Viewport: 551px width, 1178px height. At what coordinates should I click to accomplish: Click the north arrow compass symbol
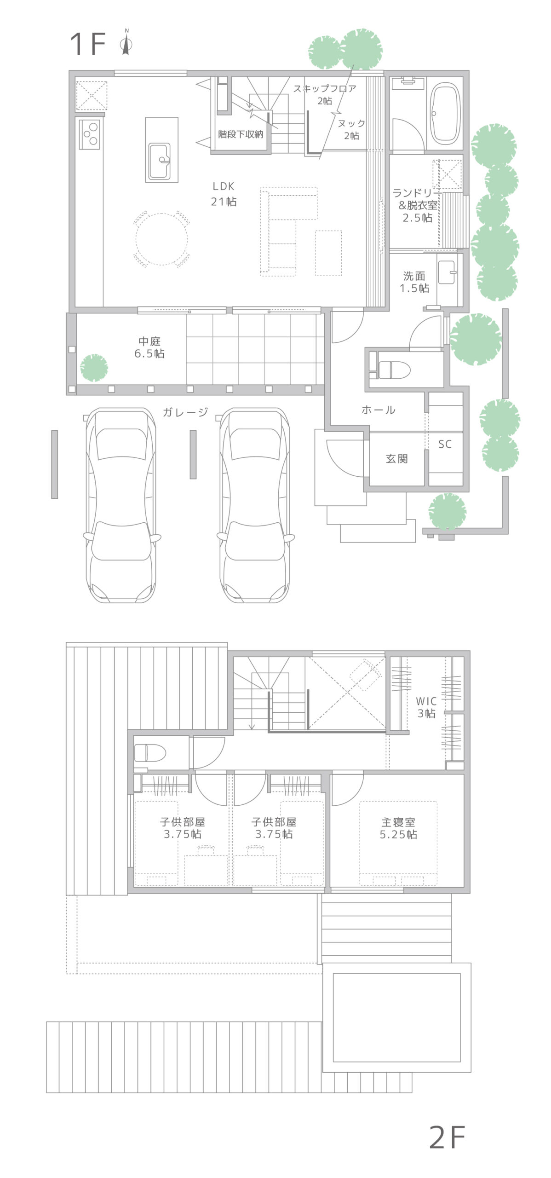[x=126, y=42]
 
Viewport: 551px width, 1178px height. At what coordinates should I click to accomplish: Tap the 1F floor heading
[x=87, y=44]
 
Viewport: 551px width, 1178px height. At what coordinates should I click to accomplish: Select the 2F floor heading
[x=447, y=1137]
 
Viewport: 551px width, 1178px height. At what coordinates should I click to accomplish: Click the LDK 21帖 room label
[x=224, y=194]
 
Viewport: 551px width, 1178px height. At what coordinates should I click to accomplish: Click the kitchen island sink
[x=160, y=161]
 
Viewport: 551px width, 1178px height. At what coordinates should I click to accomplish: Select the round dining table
[x=161, y=239]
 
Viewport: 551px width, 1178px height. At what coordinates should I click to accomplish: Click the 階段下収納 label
[x=241, y=134]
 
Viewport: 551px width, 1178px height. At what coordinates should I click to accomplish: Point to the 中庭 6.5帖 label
[x=149, y=347]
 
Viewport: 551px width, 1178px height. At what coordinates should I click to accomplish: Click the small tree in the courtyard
[x=94, y=368]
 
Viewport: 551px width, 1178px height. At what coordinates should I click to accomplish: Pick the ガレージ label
[x=185, y=412]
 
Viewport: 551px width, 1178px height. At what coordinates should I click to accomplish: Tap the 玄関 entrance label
[x=396, y=458]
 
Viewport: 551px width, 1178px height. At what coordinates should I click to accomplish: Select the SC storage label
[x=445, y=444]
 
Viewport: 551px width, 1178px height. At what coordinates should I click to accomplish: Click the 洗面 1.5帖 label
[x=414, y=282]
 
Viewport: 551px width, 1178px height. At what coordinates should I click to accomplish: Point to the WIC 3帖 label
[x=426, y=707]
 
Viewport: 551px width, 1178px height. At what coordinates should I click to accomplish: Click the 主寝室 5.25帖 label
[x=398, y=828]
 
